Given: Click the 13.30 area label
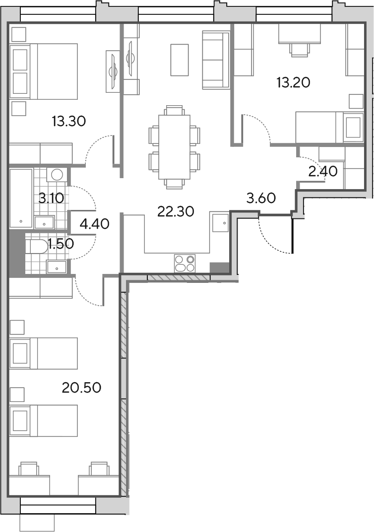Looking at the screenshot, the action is [69, 121].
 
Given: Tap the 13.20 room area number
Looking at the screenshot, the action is [293, 82].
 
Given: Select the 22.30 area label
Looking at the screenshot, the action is [176, 212].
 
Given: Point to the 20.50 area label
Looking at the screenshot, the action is [82, 387].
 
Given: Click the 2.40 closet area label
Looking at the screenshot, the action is [323, 172].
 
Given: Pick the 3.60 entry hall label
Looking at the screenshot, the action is [261, 198].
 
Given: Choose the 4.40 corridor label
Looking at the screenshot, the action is [95, 224].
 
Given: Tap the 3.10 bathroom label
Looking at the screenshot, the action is [51, 198].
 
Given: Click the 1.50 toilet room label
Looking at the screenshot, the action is [61, 244].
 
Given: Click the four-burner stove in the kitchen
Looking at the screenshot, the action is [185, 264].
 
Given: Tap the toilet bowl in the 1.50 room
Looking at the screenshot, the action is [37, 247].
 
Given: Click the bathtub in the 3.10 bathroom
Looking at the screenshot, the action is [21, 198].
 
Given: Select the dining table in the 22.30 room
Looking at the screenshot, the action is [174, 147].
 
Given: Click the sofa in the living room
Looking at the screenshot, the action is [216, 60].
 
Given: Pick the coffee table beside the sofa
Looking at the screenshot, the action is [180, 60].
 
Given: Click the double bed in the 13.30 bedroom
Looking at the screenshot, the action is [44, 71].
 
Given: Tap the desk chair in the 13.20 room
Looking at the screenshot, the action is [300, 50].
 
